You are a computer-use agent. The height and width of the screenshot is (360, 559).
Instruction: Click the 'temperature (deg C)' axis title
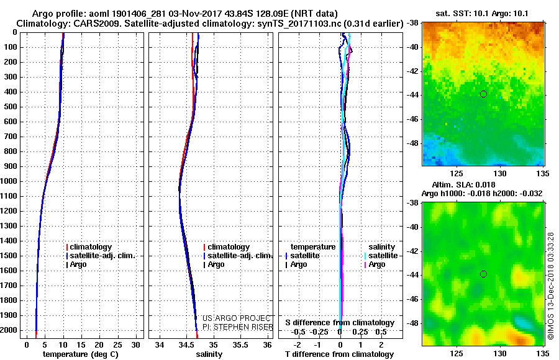pyautogui.click(x=80, y=354)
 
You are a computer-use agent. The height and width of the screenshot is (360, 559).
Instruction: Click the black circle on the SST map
pyautogui.click(x=483, y=94)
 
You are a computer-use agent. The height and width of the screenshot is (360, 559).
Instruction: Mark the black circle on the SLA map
pyautogui.click(x=483, y=274)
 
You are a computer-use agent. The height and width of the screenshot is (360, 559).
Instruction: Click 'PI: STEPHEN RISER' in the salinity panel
pyautogui.click(x=238, y=327)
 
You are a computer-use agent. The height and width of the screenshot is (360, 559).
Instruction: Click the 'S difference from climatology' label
pyautogui.click(x=340, y=323)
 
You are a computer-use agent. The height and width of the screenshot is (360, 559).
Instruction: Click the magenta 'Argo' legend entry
pyautogui.click(x=376, y=264)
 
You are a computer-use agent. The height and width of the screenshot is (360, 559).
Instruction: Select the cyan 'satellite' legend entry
pyautogui.click(x=383, y=256)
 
